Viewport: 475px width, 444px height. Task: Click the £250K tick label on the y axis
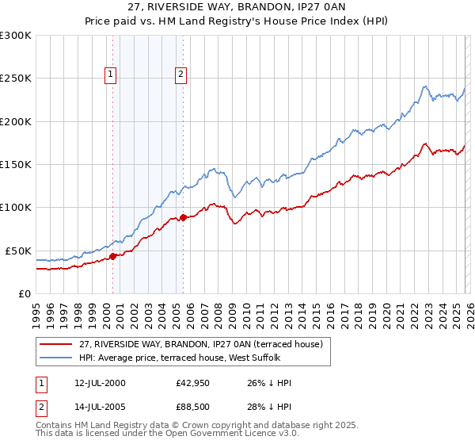(x=16, y=78)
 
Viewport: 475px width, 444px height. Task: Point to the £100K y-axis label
(x=16, y=207)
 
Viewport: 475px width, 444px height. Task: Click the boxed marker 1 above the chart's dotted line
(x=112, y=75)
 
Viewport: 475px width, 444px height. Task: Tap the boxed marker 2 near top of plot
(x=181, y=75)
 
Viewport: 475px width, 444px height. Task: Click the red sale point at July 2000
(x=112, y=256)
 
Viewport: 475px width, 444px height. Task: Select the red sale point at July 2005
(x=183, y=217)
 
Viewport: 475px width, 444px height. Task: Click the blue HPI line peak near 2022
(x=425, y=86)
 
